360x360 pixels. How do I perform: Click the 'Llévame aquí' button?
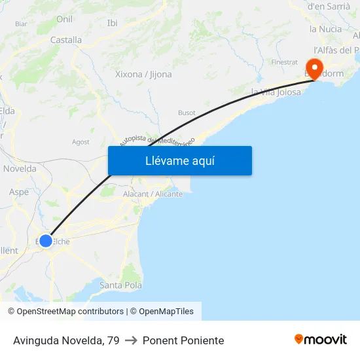coord(179,160)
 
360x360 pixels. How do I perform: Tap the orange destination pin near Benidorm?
coord(314,68)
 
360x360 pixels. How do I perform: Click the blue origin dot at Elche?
coord(46,241)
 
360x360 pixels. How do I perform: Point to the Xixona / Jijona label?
coord(143,74)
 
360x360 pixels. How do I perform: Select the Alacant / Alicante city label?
coord(153,194)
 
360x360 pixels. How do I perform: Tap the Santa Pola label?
coord(120,285)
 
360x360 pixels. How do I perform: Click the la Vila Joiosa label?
coord(276,92)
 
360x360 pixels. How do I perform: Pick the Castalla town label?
coord(66,40)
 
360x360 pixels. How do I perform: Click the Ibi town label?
coord(112,23)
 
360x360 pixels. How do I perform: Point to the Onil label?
coord(64,19)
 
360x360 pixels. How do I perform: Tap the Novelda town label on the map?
coord(20,168)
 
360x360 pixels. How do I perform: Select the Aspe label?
coord(19,192)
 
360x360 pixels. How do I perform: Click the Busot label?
coord(187,113)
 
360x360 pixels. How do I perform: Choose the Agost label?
coord(81,141)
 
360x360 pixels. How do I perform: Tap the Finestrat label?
coord(284,62)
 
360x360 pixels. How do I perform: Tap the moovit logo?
coord(321,340)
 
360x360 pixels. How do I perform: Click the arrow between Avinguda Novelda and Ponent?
coord(131,340)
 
